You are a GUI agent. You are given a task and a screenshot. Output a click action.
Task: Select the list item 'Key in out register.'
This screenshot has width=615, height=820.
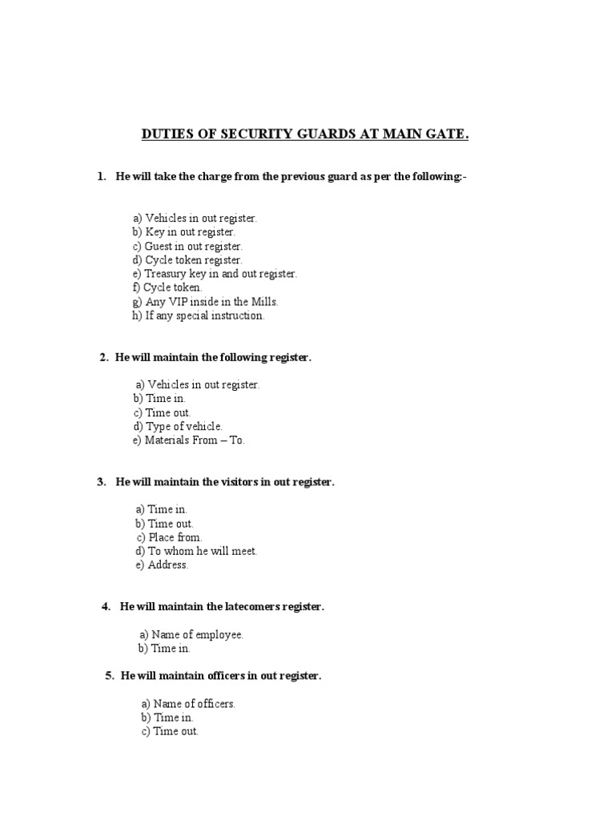coord(184,232)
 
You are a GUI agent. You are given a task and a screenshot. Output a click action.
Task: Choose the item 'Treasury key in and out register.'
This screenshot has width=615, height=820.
coord(214,274)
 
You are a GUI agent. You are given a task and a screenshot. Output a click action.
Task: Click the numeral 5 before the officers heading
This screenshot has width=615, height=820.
coord(109,676)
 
